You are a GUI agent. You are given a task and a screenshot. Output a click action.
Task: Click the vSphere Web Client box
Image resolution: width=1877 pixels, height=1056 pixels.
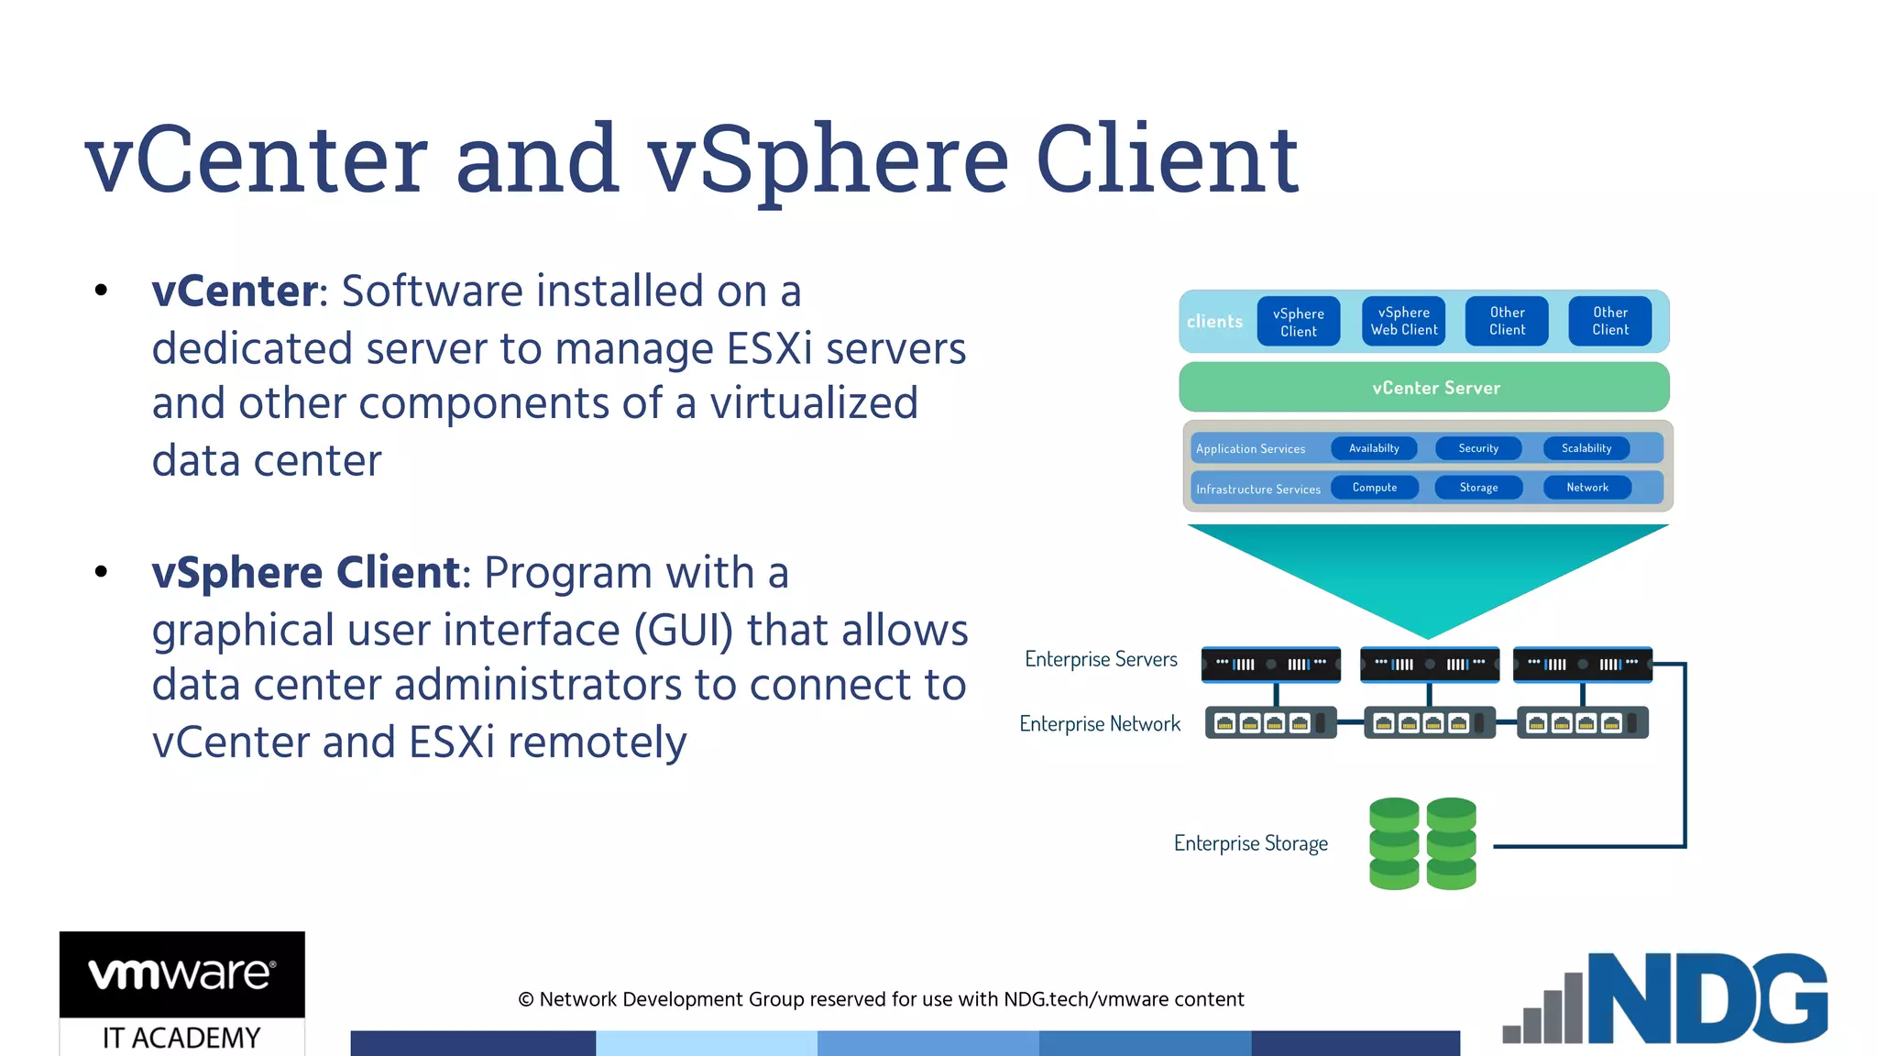click(1403, 321)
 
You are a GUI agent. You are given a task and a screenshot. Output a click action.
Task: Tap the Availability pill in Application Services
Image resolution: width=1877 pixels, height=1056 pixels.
click(1374, 448)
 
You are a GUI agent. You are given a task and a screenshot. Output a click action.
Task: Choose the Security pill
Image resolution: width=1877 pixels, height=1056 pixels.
click(1477, 448)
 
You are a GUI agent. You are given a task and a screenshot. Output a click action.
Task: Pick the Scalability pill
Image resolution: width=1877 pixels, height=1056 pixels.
click(1586, 448)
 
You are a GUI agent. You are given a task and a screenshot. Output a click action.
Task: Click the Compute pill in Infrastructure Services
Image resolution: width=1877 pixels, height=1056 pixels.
click(1374, 488)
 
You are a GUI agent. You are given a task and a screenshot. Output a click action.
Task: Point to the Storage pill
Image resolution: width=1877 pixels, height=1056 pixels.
click(1477, 488)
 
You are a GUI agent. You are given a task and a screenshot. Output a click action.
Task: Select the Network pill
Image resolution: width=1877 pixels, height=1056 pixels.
click(1586, 488)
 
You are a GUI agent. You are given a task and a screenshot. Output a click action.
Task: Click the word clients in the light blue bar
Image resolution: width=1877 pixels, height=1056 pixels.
click(1214, 322)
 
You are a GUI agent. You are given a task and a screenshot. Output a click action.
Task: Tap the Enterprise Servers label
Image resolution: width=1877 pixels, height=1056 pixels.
click(1101, 659)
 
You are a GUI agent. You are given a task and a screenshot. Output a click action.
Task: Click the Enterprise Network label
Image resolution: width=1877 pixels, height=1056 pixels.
click(1100, 724)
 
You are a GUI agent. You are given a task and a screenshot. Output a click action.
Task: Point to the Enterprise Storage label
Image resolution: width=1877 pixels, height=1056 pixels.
click(1250, 843)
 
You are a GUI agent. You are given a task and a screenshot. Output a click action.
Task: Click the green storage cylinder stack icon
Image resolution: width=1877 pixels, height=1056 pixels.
click(1422, 843)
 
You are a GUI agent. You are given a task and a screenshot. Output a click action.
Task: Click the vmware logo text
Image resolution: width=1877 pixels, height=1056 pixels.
click(181, 973)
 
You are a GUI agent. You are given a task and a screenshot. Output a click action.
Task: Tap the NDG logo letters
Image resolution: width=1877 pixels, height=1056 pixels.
click(1707, 999)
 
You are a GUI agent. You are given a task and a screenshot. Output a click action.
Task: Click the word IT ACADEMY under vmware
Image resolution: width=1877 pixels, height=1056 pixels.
click(181, 1038)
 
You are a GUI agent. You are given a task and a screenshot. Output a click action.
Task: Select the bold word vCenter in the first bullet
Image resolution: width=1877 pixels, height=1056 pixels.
click(235, 291)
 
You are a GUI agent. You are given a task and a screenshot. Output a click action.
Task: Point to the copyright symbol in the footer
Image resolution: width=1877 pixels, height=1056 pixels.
click(526, 999)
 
